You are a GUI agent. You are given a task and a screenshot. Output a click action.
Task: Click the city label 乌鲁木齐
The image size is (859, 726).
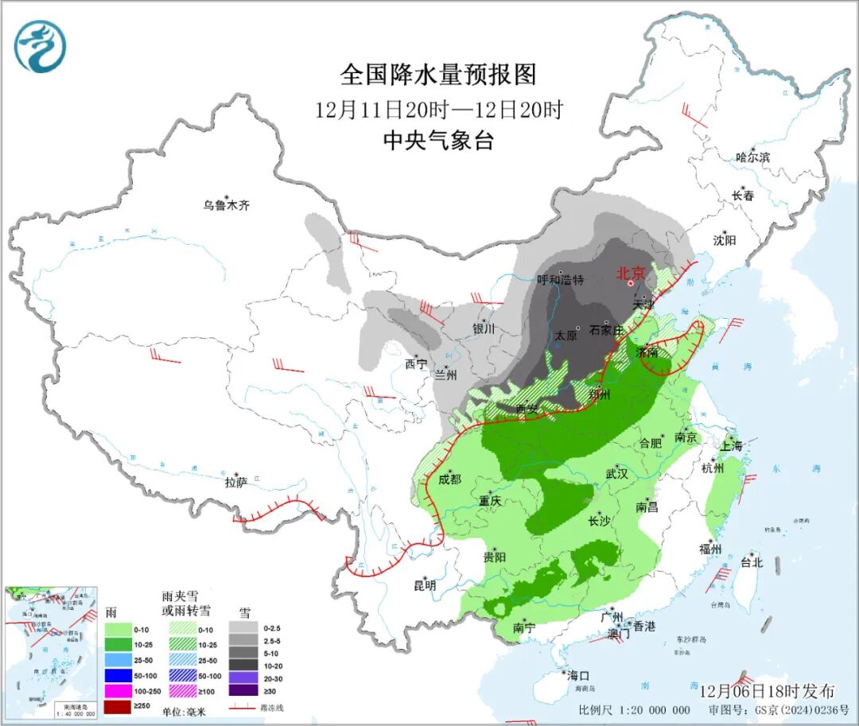tap(226, 205)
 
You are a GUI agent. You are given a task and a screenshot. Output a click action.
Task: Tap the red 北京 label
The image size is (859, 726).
tap(633, 273)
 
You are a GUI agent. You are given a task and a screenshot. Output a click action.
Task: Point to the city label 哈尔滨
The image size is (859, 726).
tap(752, 157)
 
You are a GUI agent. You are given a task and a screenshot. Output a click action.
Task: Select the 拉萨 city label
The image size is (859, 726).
tap(236, 481)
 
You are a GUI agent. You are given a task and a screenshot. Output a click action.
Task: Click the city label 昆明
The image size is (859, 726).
tap(425, 585)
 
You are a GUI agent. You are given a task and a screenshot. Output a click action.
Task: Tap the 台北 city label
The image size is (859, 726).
tap(751, 562)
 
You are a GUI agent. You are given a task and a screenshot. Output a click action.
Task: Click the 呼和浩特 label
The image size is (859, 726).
tap(560, 279)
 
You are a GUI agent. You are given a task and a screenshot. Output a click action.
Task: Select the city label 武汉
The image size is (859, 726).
tap(616, 473)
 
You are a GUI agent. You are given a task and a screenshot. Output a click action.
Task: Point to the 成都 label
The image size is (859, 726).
tap(449, 479)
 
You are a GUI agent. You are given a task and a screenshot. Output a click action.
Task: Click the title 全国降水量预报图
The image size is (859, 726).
tap(438, 75)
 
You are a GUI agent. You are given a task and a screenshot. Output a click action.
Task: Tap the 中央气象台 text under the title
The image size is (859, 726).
tap(438, 141)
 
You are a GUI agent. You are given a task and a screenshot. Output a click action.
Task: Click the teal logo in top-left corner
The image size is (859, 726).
tap(40, 47)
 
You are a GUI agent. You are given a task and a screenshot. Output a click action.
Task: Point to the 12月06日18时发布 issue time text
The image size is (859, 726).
tap(768, 689)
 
